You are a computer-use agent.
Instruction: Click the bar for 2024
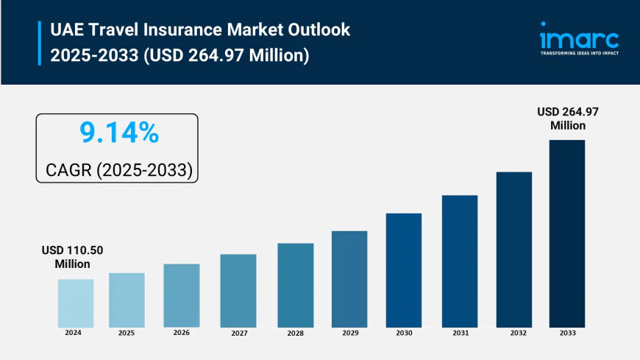click(x=76, y=303)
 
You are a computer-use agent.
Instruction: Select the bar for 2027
click(x=238, y=291)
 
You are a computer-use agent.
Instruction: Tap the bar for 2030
click(x=404, y=270)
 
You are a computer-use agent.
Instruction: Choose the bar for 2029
click(x=349, y=279)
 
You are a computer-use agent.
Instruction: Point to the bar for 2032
click(x=513, y=250)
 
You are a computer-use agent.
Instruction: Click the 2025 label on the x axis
click(x=127, y=333)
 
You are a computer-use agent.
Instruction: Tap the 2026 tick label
click(x=182, y=333)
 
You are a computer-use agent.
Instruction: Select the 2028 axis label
click(x=296, y=333)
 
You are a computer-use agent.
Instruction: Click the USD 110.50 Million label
click(x=72, y=257)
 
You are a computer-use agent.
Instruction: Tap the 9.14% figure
click(x=118, y=133)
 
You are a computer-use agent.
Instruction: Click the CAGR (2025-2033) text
click(x=118, y=170)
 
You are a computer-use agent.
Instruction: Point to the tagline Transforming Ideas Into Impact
click(x=579, y=54)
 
